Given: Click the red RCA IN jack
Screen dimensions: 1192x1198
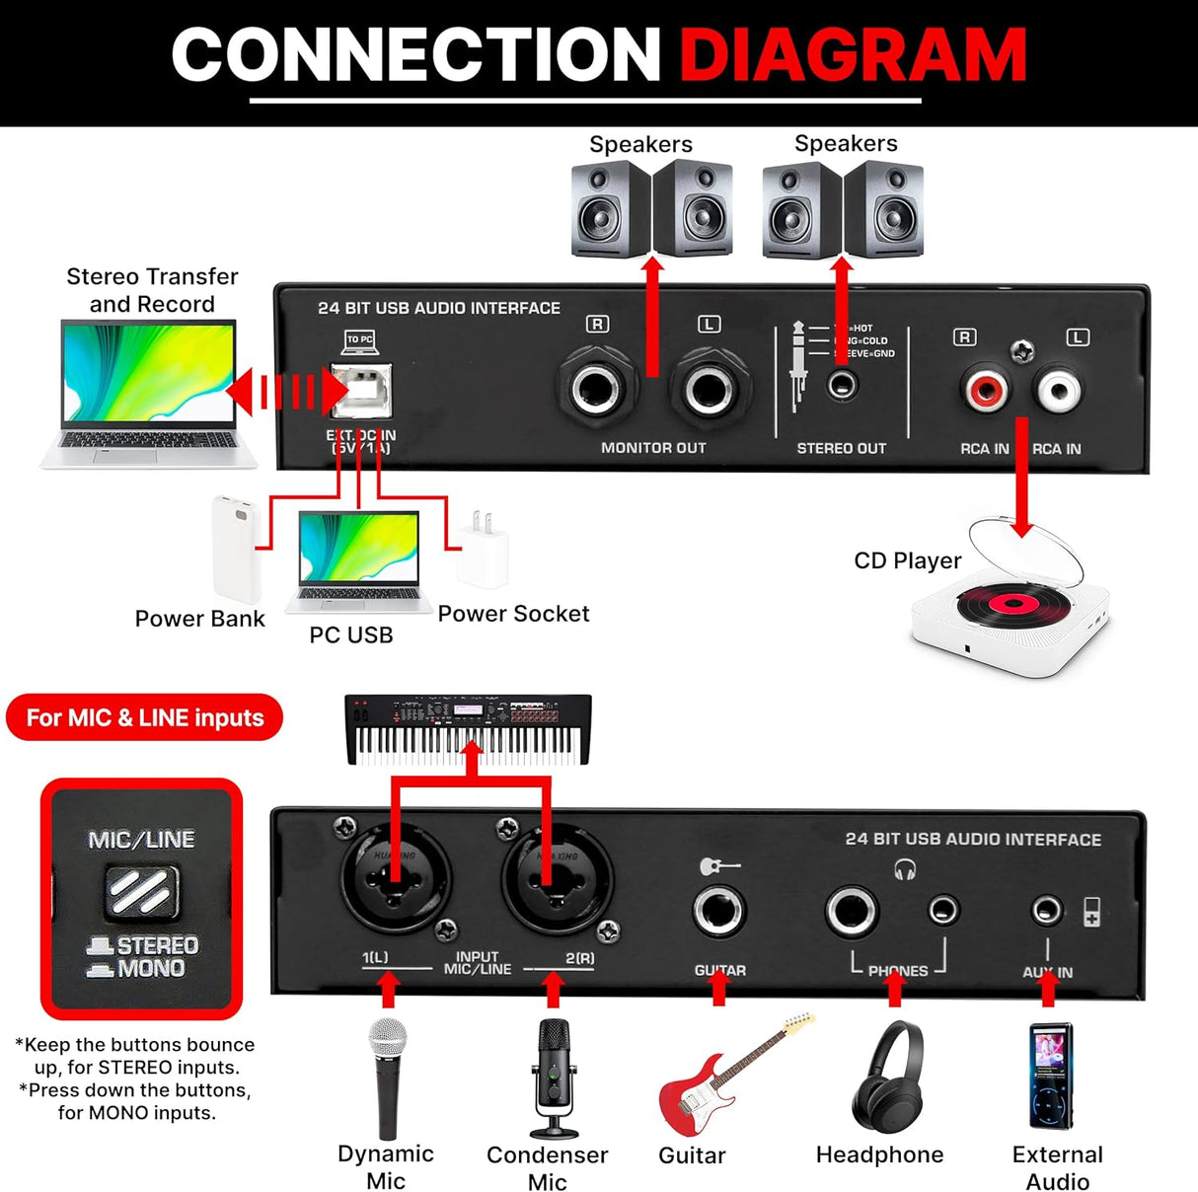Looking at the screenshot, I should point(985,391).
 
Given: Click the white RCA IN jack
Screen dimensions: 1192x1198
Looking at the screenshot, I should point(1057,391).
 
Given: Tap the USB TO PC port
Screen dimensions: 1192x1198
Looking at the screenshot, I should point(361,391).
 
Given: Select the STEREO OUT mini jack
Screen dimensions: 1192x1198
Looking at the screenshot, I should point(841,385).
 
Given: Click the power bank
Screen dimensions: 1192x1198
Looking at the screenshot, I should point(236,549).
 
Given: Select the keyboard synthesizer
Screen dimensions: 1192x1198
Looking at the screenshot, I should point(469,729).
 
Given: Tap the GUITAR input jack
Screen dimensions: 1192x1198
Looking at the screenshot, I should point(718,910).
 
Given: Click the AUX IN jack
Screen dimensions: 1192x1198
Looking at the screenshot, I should point(1046,910).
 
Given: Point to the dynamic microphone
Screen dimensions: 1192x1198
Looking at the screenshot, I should point(388,1076).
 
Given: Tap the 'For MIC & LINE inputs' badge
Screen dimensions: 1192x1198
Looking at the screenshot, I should point(145,717).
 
